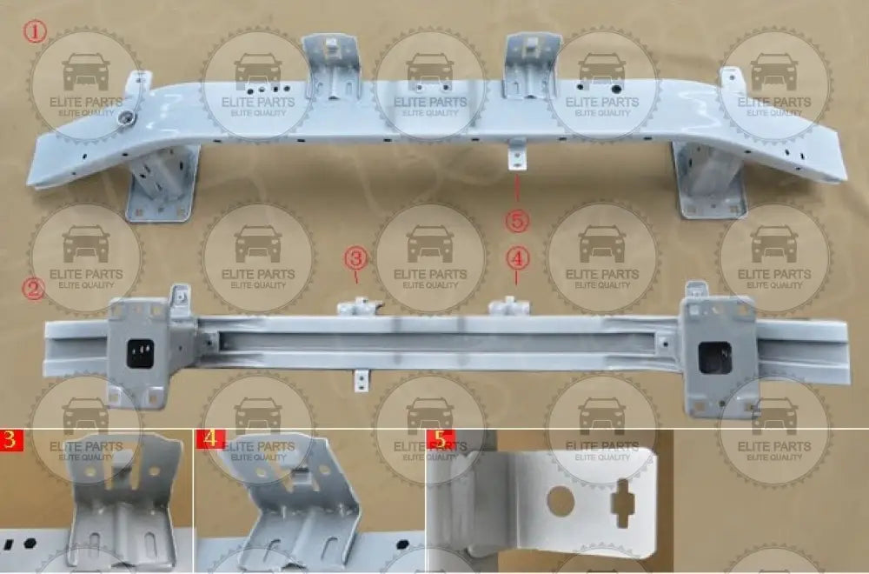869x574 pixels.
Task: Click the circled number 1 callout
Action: tap(34, 33)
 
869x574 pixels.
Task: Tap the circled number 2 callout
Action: tap(34, 288)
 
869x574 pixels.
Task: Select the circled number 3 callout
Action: tap(355, 258)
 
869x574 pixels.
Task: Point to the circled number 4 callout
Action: tap(517, 258)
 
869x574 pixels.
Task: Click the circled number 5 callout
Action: tap(517, 222)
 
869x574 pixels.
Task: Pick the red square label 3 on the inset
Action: tap(11, 438)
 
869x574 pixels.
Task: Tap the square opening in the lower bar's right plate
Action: tap(715, 357)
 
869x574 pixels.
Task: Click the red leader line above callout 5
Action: tap(517, 189)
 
